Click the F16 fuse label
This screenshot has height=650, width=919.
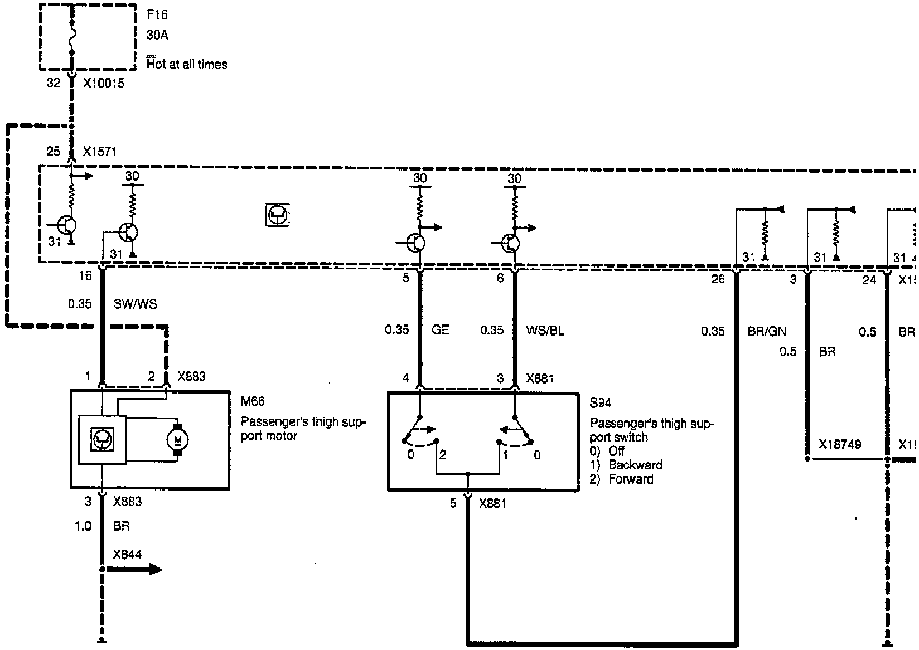click(157, 15)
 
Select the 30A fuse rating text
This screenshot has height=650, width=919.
click(157, 36)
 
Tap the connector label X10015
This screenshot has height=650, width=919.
click(104, 84)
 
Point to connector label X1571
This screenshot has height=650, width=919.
click(100, 152)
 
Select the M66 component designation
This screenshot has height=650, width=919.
click(253, 401)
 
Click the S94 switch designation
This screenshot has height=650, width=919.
click(600, 402)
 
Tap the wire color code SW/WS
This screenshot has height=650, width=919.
click(135, 304)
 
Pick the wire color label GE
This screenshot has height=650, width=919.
click(440, 330)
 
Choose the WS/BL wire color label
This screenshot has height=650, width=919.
click(545, 331)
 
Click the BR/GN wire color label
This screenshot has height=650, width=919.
click(767, 332)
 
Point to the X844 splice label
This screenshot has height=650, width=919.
click(127, 555)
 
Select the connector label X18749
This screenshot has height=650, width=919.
click(839, 445)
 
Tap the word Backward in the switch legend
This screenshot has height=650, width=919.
click(635, 465)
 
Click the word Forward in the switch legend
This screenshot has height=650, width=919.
click(631, 479)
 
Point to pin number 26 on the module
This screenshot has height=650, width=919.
click(718, 279)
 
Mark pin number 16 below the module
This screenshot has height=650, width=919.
click(85, 276)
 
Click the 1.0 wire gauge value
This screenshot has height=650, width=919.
click(83, 526)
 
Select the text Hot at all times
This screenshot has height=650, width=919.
click(187, 65)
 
